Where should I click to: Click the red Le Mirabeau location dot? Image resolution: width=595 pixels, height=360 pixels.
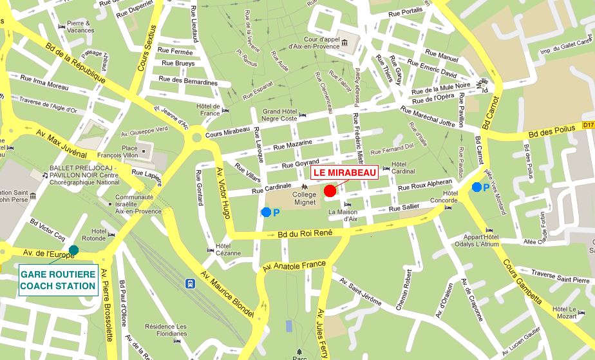pos(330,191)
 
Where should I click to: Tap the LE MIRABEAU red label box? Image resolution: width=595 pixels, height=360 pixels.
pos(345,173)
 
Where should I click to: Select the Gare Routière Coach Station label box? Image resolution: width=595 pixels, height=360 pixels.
pos(58,280)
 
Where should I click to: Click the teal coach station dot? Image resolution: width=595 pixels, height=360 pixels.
pos(73,249)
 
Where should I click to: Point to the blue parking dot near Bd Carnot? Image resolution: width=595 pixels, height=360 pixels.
pos(477,187)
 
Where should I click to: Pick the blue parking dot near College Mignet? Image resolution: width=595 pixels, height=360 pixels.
pos(266,212)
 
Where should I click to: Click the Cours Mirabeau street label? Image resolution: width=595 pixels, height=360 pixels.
pos(227,132)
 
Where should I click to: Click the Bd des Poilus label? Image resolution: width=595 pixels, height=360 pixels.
pos(549,133)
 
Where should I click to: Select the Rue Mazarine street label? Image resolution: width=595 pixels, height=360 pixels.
pos(292,146)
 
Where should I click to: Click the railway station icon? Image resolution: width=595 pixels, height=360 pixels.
pos(191,283)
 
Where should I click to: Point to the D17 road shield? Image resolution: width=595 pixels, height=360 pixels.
pos(588,125)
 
